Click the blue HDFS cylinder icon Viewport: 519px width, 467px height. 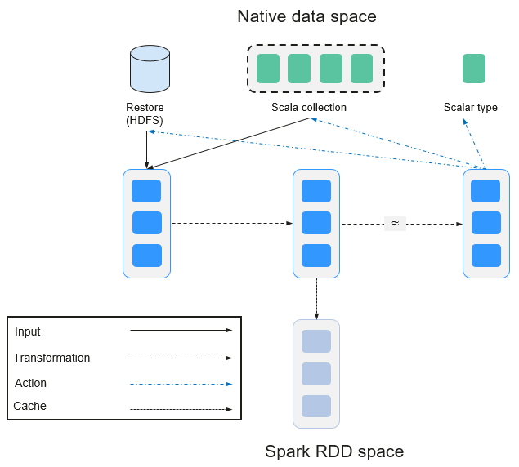click(150, 69)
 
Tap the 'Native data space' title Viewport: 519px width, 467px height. click(306, 16)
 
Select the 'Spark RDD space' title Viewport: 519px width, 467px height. click(334, 451)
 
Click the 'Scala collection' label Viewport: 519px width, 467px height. click(309, 107)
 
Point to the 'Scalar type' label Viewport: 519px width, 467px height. click(470, 107)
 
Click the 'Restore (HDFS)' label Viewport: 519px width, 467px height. click(145, 113)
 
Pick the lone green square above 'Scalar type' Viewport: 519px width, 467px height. click(474, 69)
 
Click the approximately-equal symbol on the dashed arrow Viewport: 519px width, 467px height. click(395, 223)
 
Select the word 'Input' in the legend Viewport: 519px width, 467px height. click(28, 331)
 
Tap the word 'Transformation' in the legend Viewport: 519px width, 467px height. click(51, 358)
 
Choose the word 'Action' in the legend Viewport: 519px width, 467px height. click(30, 383)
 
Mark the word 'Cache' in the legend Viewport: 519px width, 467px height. click(29, 406)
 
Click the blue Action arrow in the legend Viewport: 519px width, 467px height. click(181, 384)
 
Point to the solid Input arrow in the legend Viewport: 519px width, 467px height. click(181, 330)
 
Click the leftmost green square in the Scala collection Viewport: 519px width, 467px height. click(268, 69)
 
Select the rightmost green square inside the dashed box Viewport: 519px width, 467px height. click(361, 69)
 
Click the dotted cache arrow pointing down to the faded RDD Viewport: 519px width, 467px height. click(316, 299)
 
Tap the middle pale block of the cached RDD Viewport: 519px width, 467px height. click(316, 374)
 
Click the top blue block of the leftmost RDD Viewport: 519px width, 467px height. click(146, 191)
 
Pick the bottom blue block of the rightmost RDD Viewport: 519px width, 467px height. click(486, 256)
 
